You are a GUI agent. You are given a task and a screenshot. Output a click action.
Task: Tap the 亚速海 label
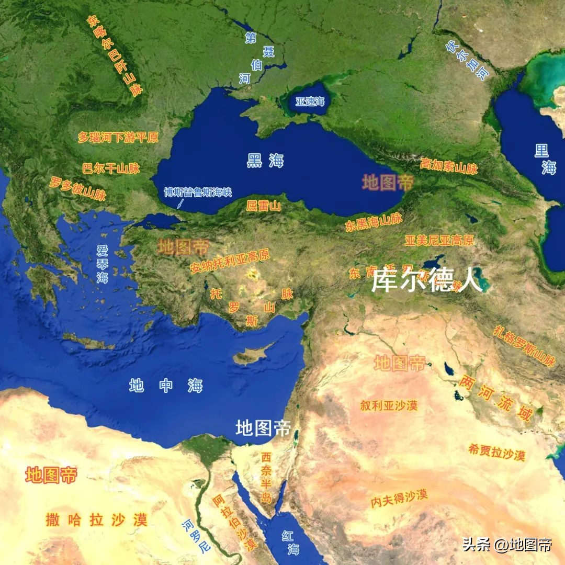click(310, 101)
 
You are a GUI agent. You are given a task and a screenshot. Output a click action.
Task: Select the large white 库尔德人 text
click(426, 281)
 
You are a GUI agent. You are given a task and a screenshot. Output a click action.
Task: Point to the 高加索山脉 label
click(449, 166)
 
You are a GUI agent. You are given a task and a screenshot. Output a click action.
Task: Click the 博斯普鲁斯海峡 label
click(197, 192)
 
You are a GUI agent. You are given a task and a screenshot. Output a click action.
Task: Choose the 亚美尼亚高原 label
click(439, 241)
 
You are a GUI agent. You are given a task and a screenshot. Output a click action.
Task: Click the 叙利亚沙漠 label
click(389, 405)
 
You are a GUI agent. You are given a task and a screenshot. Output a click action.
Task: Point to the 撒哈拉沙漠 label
click(96, 519)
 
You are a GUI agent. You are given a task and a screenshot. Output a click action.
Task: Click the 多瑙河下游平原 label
click(118, 138)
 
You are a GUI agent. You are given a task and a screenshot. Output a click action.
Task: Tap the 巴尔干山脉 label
click(111, 168)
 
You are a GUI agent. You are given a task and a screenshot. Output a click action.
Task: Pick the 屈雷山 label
click(263, 206)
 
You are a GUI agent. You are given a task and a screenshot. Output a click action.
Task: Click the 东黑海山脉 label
click(374, 222)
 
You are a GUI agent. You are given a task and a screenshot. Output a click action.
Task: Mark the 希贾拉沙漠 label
click(496, 451)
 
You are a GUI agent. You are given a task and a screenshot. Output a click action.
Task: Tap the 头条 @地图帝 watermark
click(506, 545)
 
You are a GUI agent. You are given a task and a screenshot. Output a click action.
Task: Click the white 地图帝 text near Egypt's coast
click(263, 428)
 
